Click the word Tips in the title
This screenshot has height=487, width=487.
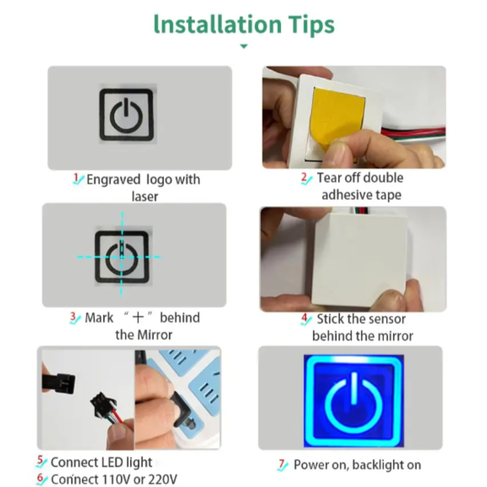pos(311,24)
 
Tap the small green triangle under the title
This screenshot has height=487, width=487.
pos(243,46)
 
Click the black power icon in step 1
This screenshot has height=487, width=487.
pos(126,115)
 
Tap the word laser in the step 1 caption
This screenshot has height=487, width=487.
pos(145,196)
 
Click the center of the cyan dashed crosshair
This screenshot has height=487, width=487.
pos(122,257)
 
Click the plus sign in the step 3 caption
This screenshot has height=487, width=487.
pos(138,317)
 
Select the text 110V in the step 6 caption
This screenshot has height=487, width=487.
pos(116,479)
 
